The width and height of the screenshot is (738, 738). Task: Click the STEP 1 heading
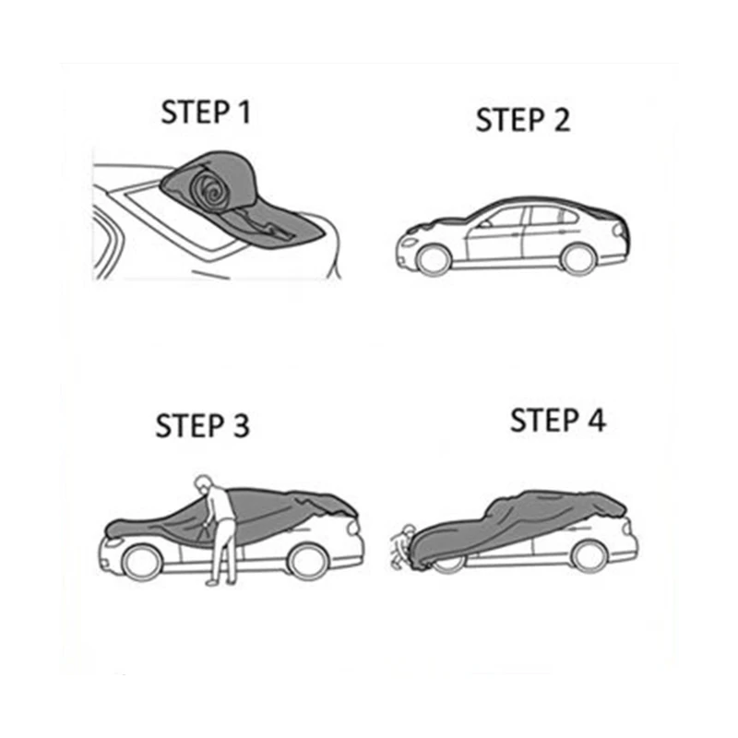(206, 113)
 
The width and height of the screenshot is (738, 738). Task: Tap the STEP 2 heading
(523, 120)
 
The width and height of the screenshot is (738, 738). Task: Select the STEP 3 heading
(202, 426)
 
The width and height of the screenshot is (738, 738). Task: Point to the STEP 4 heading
(558, 420)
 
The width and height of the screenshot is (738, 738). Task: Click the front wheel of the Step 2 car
(434, 260)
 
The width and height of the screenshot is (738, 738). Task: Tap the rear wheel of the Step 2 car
(578, 259)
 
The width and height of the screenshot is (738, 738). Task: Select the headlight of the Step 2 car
(408, 243)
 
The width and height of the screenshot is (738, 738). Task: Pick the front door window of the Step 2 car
(502, 219)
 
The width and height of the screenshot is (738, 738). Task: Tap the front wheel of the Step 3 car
(142, 562)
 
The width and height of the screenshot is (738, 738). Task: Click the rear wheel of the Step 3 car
(308, 561)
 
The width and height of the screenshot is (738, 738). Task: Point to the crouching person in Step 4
(403, 546)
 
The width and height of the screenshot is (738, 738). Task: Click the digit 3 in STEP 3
(242, 426)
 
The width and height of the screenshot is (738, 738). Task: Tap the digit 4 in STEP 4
(597, 420)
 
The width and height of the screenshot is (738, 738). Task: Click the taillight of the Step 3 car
(353, 527)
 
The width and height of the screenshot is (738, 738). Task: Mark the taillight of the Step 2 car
(620, 231)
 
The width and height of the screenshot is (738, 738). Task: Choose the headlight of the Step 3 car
(113, 542)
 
